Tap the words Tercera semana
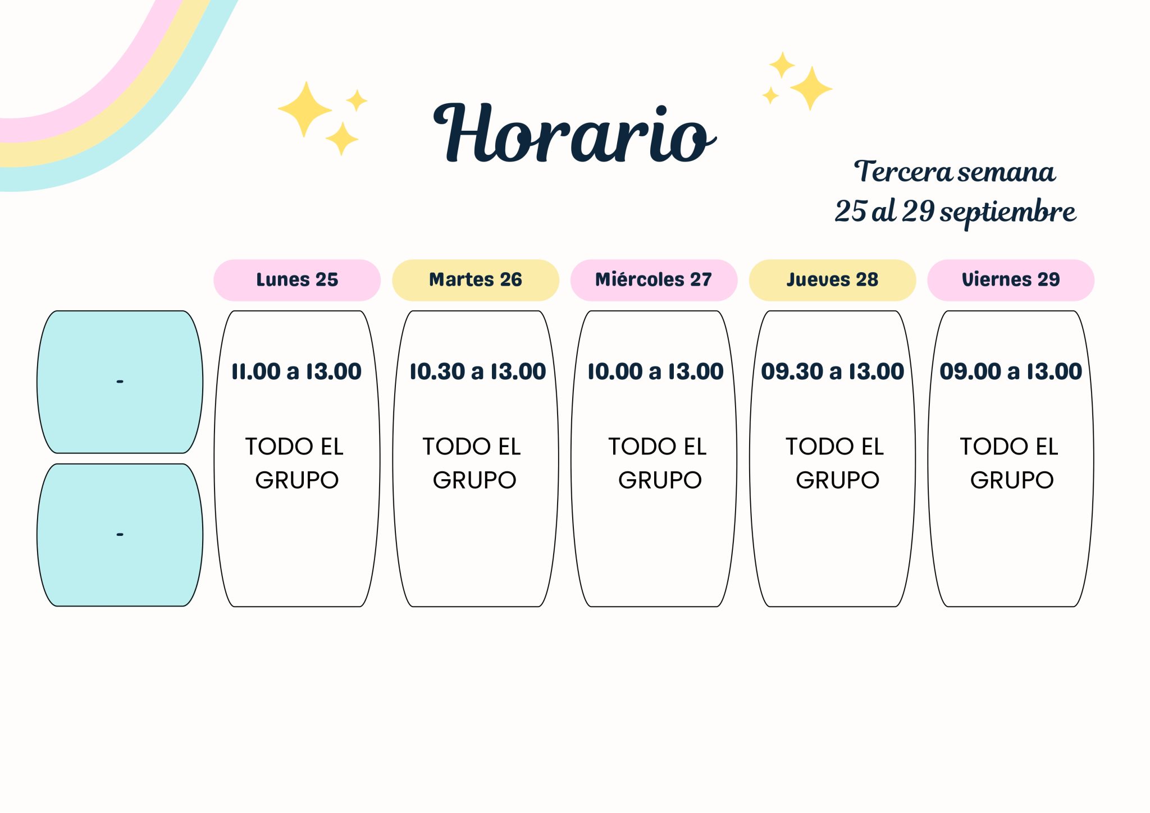coord(955,172)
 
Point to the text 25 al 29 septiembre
coord(955,212)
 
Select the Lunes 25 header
coord(297,279)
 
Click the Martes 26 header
coord(476,279)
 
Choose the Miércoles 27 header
coord(654,279)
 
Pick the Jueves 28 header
coord(832,279)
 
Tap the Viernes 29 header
coord(1011,279)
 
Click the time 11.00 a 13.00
coord(296,371)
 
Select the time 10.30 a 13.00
coord(477,371)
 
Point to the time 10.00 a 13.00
coord(655,371)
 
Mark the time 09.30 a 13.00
coord(833,371)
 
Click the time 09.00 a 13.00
coord(1011,371)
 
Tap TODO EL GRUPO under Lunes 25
coord(295,463)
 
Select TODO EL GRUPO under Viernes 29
coord(1010,463)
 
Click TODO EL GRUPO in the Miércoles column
coord(658,463)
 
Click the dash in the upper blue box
coord(120,382)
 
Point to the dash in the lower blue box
coord(120,535)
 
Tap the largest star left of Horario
coord(305,109)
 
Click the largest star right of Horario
coord(811,88)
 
